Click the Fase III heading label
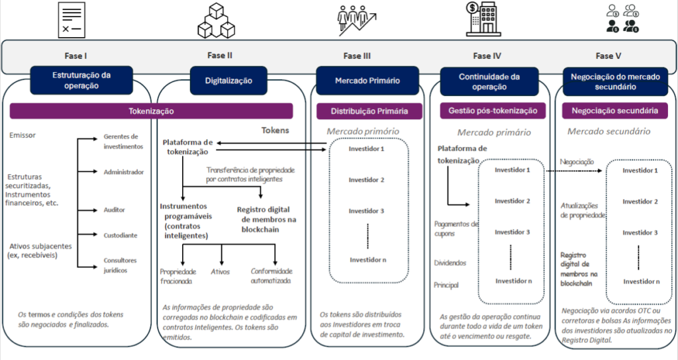click(356, 56)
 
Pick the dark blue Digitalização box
click(228, 80)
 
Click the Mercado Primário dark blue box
click(367, 80)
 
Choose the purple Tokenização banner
click(152, 111)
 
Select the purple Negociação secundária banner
click(615, 111)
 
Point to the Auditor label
click(114, 210)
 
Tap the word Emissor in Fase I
click(23, 136)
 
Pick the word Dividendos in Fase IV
click(450, 263)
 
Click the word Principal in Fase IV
click(447, 285)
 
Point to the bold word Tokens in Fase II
click(275, 130)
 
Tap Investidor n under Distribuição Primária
click(367, 259)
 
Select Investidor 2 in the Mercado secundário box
click(640, 201)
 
